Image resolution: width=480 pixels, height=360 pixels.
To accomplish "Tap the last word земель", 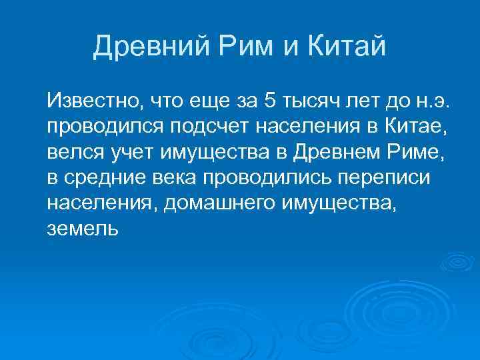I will click(x=82, y=229).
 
